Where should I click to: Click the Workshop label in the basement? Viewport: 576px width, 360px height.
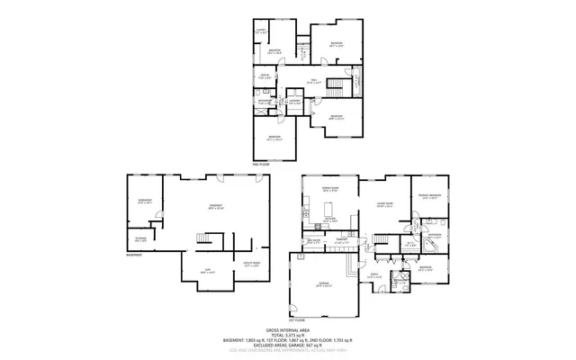144,200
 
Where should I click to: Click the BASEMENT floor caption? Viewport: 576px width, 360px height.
135,254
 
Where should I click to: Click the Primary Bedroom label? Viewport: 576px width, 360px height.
428,195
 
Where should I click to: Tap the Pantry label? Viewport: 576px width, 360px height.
343,240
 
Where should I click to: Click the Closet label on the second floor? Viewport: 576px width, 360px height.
259,31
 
